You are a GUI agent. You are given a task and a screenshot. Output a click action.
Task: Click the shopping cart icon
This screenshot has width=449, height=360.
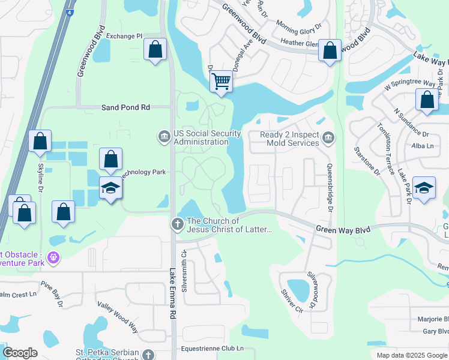coord(221,81)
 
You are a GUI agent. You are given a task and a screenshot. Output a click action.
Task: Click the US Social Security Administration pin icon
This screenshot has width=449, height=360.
coord(164,137)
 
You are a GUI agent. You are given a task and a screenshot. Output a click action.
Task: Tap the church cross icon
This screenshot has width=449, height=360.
coord(177,224)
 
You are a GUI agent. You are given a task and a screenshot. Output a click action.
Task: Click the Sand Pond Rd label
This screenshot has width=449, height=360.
coord(125,107)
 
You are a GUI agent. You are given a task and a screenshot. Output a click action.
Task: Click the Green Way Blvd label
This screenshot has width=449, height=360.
coord(344,228)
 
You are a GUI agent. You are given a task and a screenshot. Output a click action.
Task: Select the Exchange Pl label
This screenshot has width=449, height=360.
coord(124,36)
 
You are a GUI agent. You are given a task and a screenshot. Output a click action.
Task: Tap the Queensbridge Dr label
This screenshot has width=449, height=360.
coord(330,180)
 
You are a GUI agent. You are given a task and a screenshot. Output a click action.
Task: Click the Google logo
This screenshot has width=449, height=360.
coord(20,353)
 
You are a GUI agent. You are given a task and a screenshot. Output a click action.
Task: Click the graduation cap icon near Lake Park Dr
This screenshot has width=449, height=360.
coord(424,188)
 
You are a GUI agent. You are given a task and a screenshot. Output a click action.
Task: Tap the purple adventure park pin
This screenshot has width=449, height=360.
coord(53,258)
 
